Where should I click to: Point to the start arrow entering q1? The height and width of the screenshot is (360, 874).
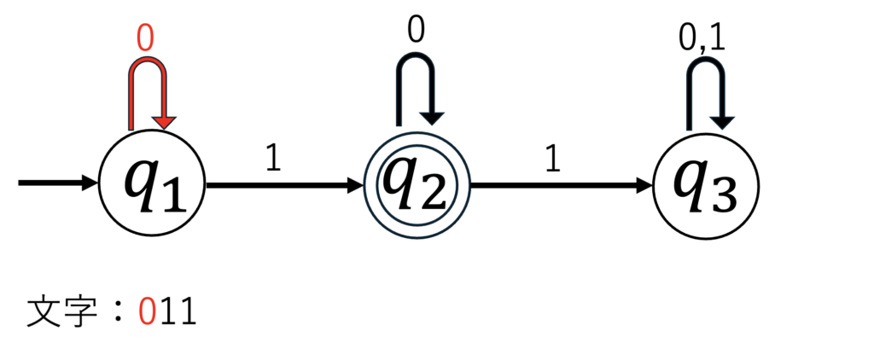[x=59, y=183]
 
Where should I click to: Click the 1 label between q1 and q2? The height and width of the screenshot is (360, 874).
[x=272, y=160]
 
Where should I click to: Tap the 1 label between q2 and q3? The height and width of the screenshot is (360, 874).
[x=551, y=160]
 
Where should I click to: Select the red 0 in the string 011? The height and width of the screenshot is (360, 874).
[x=146, y=313]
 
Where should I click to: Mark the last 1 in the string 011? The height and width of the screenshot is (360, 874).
[x=188, y=313]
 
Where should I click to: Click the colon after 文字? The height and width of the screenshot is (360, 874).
[x=117, y=314]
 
